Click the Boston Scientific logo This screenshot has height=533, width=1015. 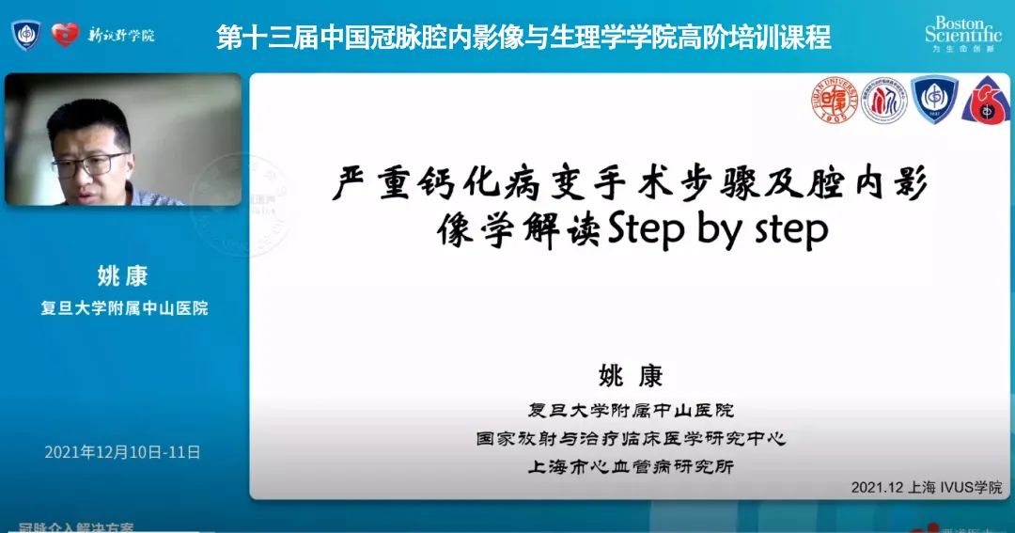coord(962,33)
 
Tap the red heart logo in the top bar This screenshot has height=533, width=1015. coord(65,36)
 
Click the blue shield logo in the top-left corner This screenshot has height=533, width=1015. coord(26,36)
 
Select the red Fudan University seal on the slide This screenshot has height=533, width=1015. coord(835,101)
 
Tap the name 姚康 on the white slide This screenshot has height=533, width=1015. coord(631,376)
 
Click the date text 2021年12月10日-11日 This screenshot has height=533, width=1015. coord(123,452)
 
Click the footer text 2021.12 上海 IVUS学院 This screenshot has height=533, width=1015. coord(926,487)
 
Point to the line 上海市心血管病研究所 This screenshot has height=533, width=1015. coord(631,466)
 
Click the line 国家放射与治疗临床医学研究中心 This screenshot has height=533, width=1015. coord(631,438)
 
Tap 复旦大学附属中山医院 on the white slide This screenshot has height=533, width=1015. coord(631,410)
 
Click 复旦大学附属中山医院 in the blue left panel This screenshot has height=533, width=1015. coord(123,307)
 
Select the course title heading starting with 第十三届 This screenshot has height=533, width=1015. coord(523,38)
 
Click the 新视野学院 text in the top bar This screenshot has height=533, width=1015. coord(121,36)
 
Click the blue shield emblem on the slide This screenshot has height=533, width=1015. coord(933,101)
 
